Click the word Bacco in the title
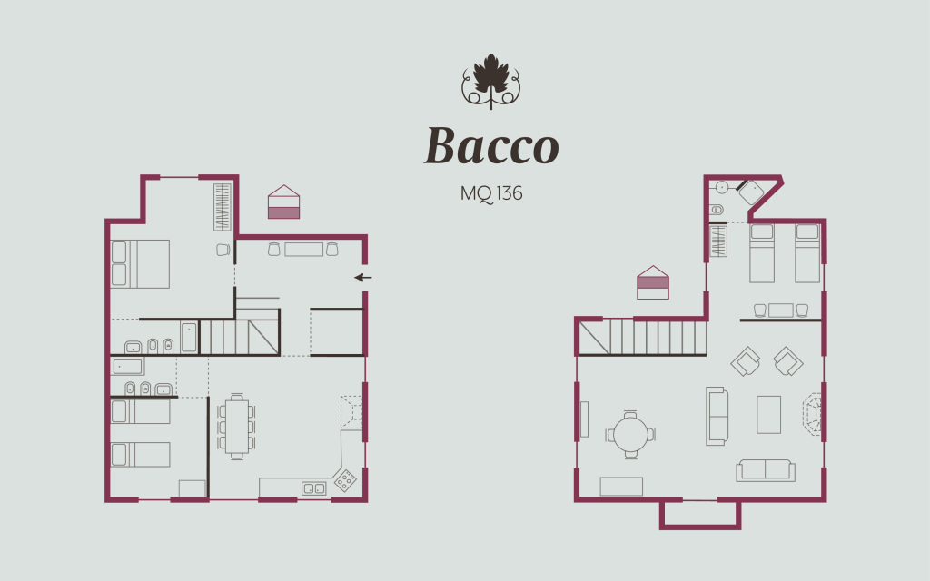[x=491, y=146]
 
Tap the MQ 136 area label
[x=491, y=193]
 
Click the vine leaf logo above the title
[x=491, y=82]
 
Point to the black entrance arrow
[x=363, y=277]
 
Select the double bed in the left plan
[x=140, y=263]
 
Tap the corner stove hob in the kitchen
[x=345, y=479]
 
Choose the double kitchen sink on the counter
[x=313, y=488]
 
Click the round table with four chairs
[x=630, y=433]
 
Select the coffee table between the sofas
[x=768, y=414]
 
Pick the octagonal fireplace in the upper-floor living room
[x=812, y=414]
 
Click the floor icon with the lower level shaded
[x=283, y=202]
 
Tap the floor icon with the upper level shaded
[x=653, y=282]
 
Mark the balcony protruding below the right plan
[x=699, y=514]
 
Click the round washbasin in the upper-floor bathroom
[x=722, y=187]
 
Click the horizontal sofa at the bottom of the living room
[x=766, y=469]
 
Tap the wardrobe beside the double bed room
[x=223, y=206]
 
